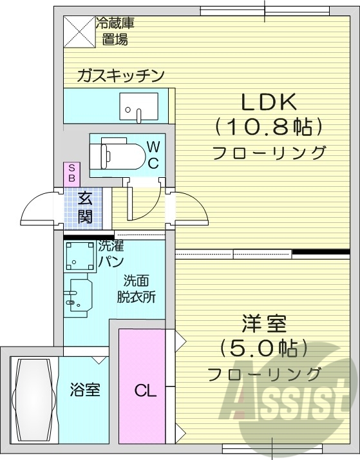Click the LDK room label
pos(268,101)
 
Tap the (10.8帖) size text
pos(268,126)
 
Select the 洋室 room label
pos(264,321)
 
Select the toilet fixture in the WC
pos(116,154)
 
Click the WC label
pos(153,155)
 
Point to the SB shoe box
pos(71,172)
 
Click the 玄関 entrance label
pos(85,207)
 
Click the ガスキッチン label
pos(120,75)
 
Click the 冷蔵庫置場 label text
pos(115,32)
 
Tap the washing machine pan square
pos(80,256)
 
